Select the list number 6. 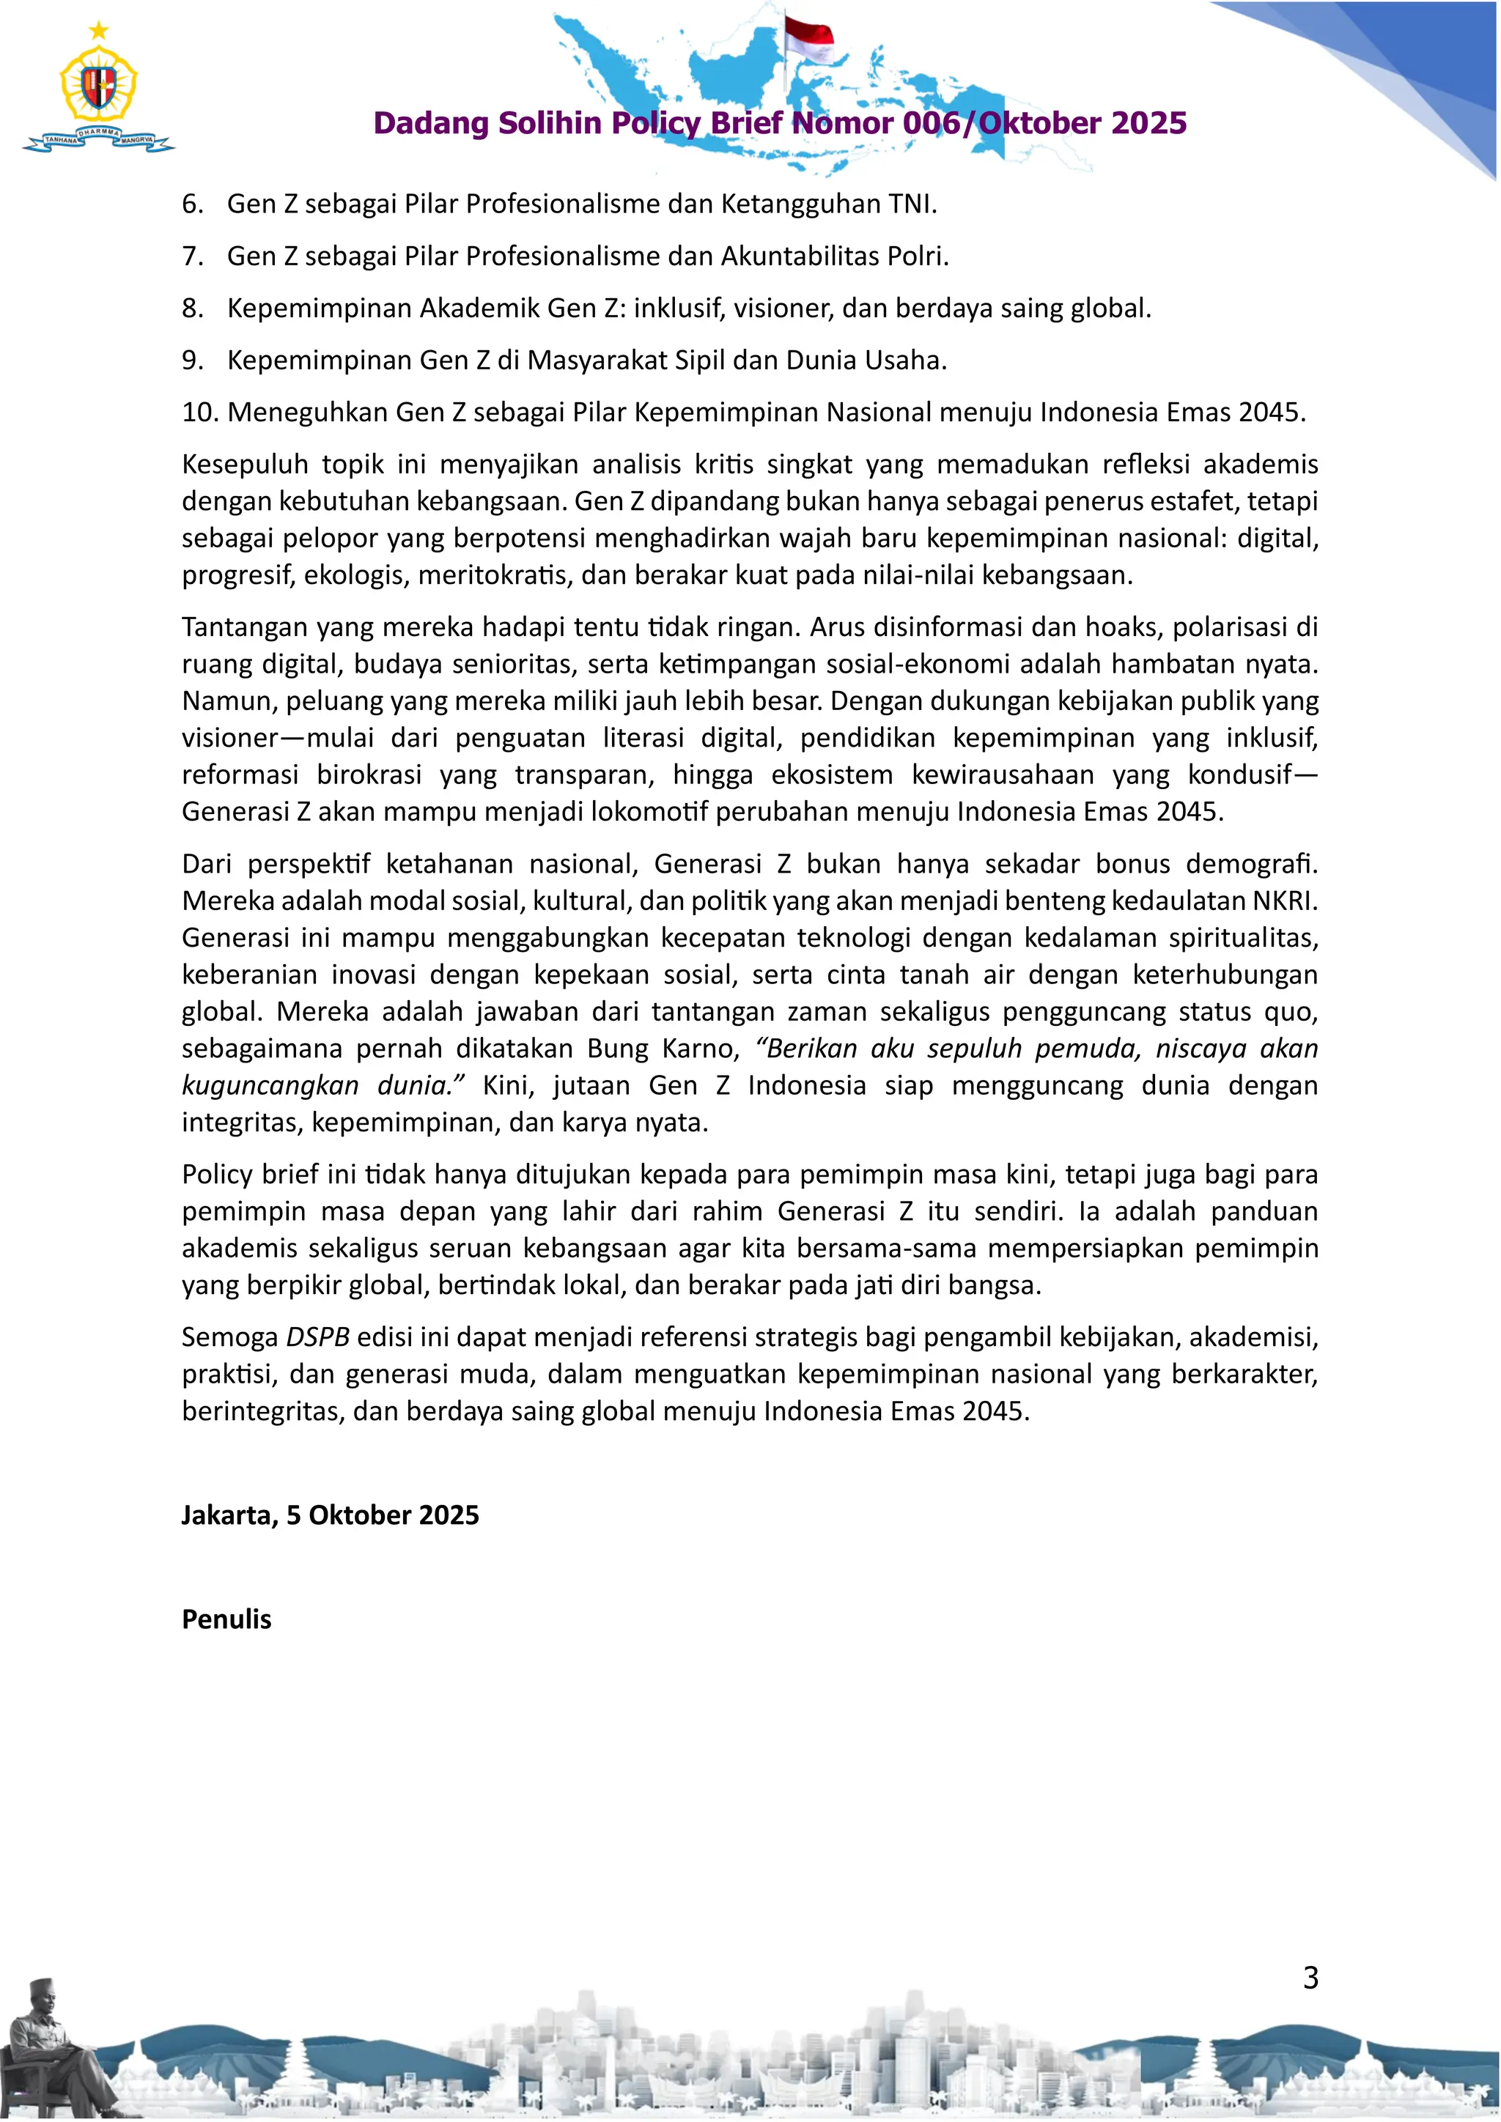click(191, 204)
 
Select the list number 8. click(191, 308)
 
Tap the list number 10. click(199, 413)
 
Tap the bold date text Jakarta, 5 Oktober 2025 click(330, 1515)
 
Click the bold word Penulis click(226, 1619)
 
